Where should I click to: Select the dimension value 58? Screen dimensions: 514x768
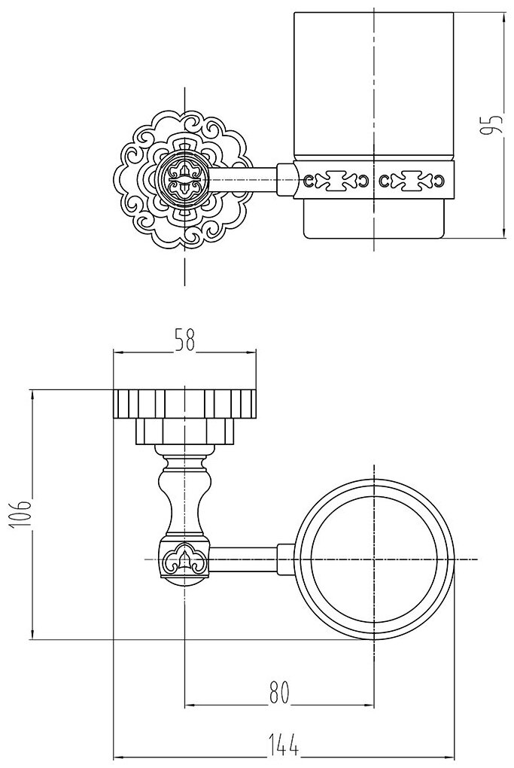(x=184, y=339)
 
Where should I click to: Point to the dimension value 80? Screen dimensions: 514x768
(x=279, y=692)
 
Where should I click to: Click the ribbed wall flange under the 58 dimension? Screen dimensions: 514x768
(x=184, y=404)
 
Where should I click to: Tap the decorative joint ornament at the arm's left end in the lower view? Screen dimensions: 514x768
(x=184, y=559)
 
